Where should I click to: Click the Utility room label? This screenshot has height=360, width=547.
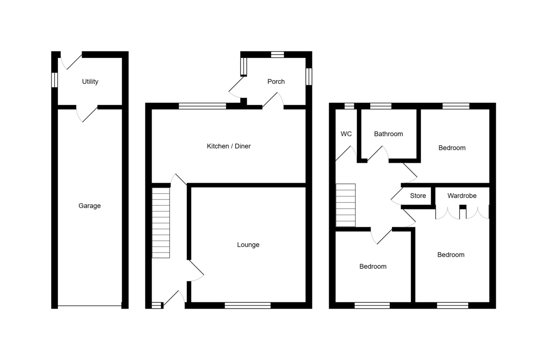90,82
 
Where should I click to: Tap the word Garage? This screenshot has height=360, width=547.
89,206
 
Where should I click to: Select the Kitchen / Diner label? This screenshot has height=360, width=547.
229,146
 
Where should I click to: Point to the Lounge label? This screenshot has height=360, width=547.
248,245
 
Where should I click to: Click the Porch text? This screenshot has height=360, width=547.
276,82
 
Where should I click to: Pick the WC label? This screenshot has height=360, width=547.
346,134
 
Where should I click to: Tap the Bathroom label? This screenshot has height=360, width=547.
388,134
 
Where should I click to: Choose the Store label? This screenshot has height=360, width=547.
418,196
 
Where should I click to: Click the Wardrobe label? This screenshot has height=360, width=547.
462,196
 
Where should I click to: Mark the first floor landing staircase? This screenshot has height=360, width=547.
346,205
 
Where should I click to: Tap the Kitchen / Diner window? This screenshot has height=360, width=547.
202,106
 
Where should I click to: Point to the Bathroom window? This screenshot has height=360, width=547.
381,106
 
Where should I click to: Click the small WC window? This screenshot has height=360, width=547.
349,106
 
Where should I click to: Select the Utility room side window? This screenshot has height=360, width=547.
55,80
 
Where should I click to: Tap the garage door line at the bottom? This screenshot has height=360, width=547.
89,306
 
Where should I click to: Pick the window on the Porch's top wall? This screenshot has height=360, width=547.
277,54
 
